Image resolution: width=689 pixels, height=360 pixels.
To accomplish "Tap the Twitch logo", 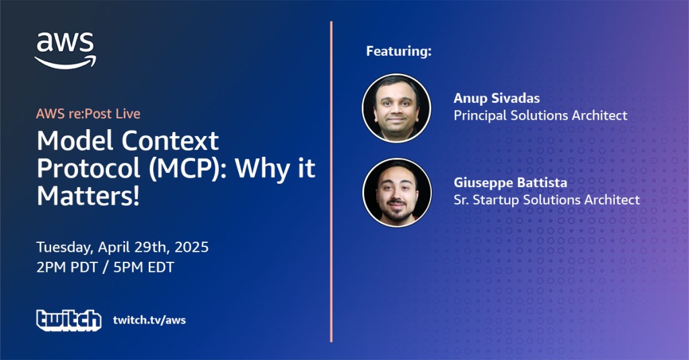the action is [x=69, y=320].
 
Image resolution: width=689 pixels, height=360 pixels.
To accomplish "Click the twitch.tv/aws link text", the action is [x=149, y=320].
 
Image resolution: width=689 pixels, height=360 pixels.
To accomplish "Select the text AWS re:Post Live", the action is [x=88, y=114].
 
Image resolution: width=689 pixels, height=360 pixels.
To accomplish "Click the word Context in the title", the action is [x=170, y=141].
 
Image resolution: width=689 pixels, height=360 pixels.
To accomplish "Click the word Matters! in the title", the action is [x=88, y=196].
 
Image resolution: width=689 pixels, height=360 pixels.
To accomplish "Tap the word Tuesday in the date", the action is [x=65, y=248].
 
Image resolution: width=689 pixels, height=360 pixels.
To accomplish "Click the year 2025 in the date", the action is [x=192, y=247].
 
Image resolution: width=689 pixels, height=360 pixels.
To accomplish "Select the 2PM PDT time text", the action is [x=67, y=267].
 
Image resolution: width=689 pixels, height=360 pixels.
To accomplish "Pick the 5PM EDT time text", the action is [x=144, y=267].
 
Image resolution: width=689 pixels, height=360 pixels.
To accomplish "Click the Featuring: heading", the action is [x=399, y=51].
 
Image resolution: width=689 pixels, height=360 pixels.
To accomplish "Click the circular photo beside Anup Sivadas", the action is [x=396, y=108].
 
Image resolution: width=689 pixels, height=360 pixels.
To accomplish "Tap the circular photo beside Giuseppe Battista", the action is [x=397, y=192].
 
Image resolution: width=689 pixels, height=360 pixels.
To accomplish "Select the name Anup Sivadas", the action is [x=497, y=98].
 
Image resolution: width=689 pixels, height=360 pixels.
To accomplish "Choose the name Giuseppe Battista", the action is [x=510, y=182].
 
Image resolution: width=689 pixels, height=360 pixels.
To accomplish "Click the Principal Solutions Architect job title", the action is [x=540, y=116].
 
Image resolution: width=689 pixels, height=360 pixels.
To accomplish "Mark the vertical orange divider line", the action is [x=331, y=182].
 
